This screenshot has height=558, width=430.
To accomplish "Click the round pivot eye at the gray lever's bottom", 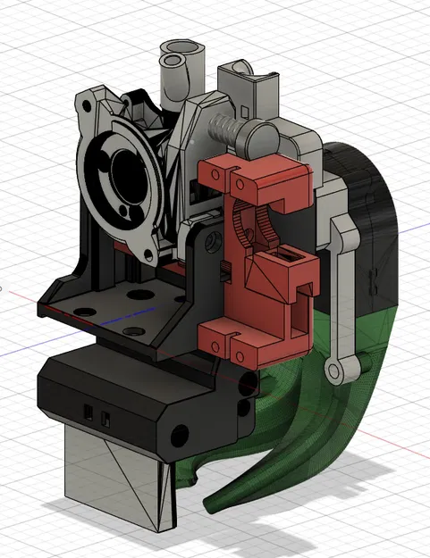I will point(336,371).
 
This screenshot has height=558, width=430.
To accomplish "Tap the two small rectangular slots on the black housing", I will point(96,415).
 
